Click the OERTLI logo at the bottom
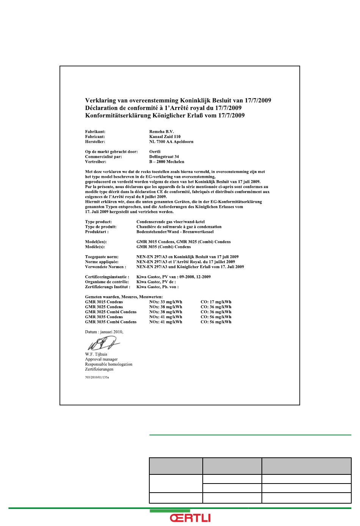point(190,518)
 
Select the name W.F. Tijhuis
point(96,355)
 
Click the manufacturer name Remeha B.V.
point(161,132)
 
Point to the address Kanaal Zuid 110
point(165,137)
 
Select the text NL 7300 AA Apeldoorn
point(171,141)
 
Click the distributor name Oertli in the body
point(155,152)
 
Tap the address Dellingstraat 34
point(164,157)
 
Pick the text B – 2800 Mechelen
point(167,162)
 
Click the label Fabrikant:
point(95,132)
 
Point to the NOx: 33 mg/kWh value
point(166,302)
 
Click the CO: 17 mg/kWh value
point(216,302)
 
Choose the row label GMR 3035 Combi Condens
point(111,322)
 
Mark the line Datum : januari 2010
point(104,332)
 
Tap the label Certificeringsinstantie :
point(107,277)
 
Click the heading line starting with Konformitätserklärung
point(165,116)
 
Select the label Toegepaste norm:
point(102,257)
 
